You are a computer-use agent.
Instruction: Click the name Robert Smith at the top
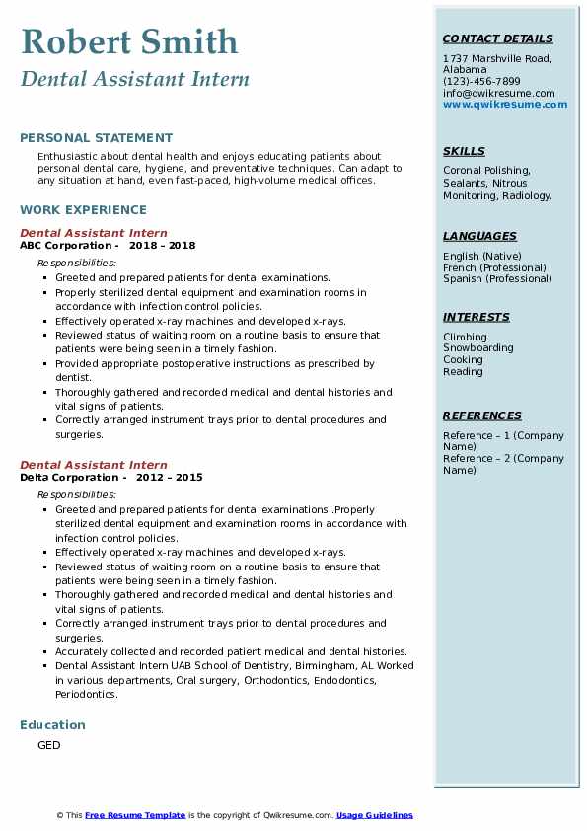(129, 42)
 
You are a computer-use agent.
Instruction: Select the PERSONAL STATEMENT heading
(96, 138)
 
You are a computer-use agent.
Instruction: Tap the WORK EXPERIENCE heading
(83, 209)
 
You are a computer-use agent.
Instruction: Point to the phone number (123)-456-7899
(481, 81)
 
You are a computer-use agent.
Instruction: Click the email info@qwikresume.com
(498, 93)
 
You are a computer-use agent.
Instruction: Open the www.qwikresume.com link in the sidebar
(505, 104)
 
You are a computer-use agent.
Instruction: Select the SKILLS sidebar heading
(464, 151)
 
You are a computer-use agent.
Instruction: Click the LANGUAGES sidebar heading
(479, 236)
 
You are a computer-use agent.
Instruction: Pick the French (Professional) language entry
(494, 267)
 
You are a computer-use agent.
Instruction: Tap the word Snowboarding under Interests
(477, 348)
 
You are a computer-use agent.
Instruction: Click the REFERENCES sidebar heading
(482, 415)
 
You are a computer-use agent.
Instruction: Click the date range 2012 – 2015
(170, 477)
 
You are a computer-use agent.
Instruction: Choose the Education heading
(52, 724)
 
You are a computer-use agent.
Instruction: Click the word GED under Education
(49, 745)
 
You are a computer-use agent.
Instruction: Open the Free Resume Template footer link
(135, 815)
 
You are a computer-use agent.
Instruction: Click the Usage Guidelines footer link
(375, 815)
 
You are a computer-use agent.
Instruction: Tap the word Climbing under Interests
(465, 337)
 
